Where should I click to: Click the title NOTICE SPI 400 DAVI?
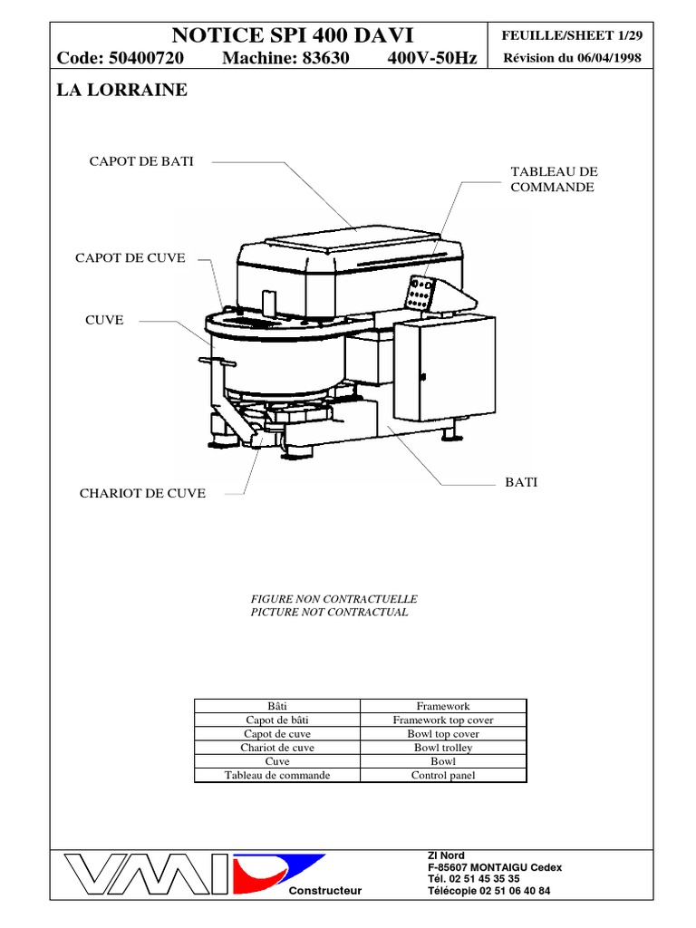(292, 35)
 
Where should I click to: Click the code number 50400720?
(146, 59)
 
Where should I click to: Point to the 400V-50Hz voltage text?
(431, 59)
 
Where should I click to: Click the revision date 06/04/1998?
(609, 59)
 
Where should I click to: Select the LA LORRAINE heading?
(122, 91)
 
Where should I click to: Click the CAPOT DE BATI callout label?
(140, 161)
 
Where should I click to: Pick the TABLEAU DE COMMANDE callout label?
(554, 179)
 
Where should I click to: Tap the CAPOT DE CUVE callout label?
(130, 258)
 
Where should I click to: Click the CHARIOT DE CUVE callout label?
(142, 493)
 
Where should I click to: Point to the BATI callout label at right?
(520, 481)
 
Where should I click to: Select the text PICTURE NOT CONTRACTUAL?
(329, 612)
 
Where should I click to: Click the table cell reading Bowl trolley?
(443, 748)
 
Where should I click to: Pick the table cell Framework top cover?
(443, 720)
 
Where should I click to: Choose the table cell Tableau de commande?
(277, 775)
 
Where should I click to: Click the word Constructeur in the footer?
(324, 890)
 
